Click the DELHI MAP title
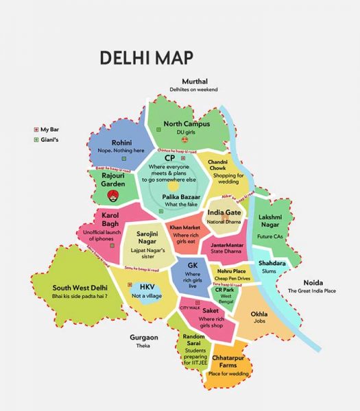146,57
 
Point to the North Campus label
187,124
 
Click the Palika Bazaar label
182,197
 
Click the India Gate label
224,213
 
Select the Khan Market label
184,227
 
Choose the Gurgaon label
144,337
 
